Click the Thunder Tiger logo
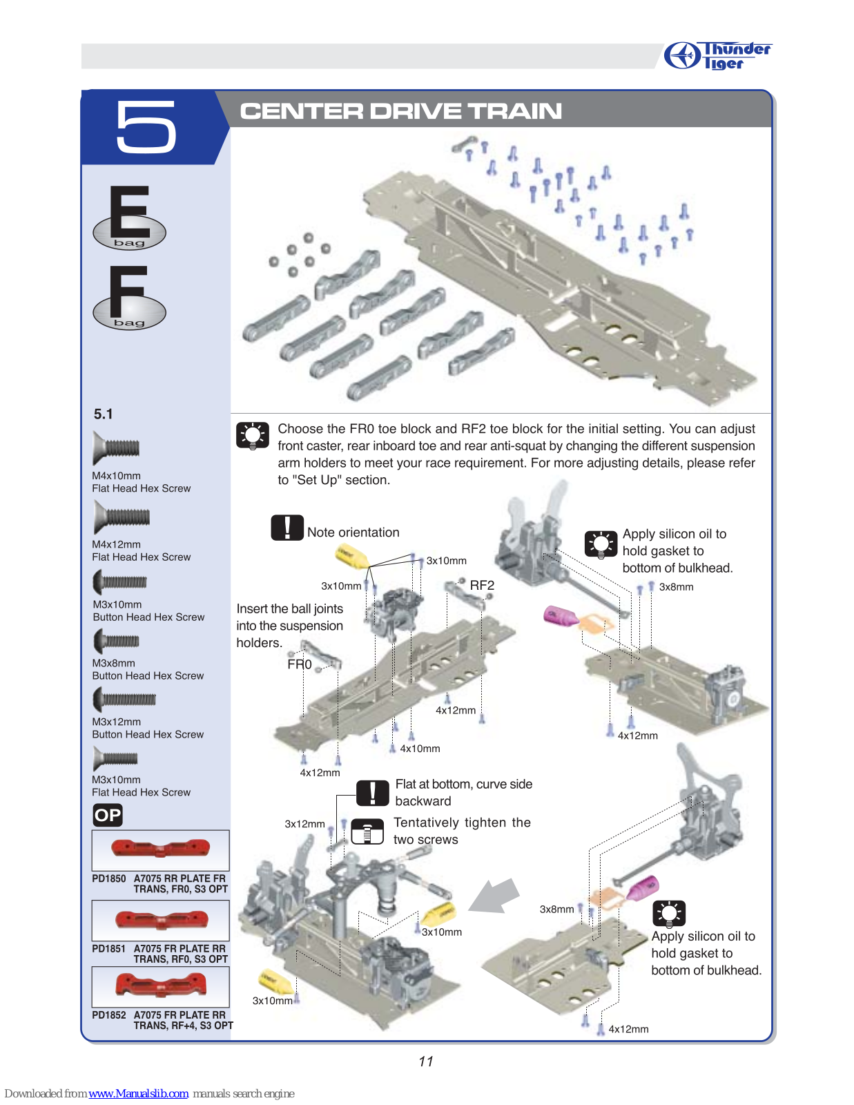click(x=717, y=55)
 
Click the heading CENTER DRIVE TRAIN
click(x=400, y=111)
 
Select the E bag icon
click(x=129, y=218)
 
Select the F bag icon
click(x=129, y=298)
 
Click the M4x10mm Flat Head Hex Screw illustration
click(x=117, y=448)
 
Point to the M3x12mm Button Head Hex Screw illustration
click(x=125, y=700)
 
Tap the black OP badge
click(x=108, y=816)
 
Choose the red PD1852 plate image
click(x=160, y=984)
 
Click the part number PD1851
click(x=109, y=949)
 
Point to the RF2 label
click(x=482, y=586)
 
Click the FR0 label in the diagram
click(x=300, y=664)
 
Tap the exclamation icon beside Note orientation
click(x=287, y=528)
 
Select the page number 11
click(x=426, y=1061)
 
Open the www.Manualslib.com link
click(x=138, y=1093)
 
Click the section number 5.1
click(x=104, y=414)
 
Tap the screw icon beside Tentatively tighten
click(x=367, y=832)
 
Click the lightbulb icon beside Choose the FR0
click(x=253, y=436)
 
